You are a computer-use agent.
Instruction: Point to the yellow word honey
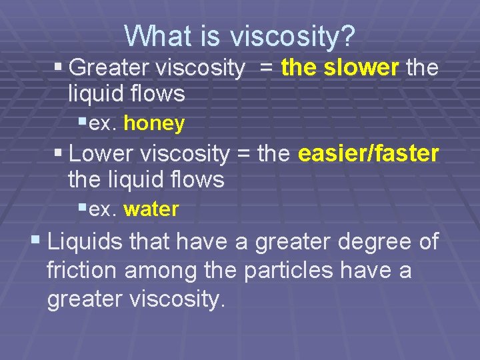[154, 123]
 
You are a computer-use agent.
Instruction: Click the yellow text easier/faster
[369, 154]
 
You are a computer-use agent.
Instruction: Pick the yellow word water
[151, 209]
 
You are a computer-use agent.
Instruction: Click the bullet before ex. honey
[81, 122]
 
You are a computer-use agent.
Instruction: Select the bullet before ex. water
[81, 208]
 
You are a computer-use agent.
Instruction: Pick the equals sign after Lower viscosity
[243, 155]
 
